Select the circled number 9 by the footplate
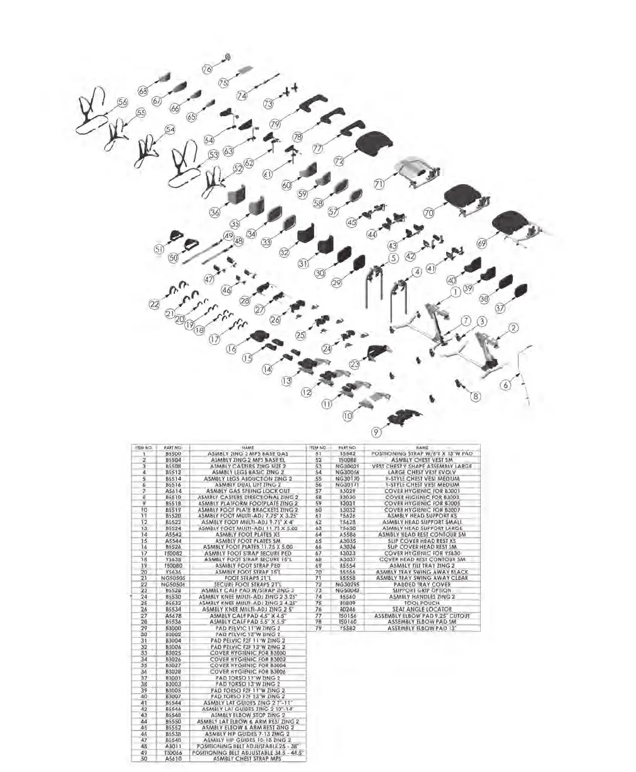[x=377, y=432]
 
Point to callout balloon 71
[x=379, y=185]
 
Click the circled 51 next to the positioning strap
[x=160, y=250]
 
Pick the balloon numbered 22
[x=154, y=304]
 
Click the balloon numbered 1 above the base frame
[x=455, y=293]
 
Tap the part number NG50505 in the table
[x=173, y=577]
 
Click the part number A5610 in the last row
[x=173, y=759]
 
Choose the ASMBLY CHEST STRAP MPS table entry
[x=247, y=759]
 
